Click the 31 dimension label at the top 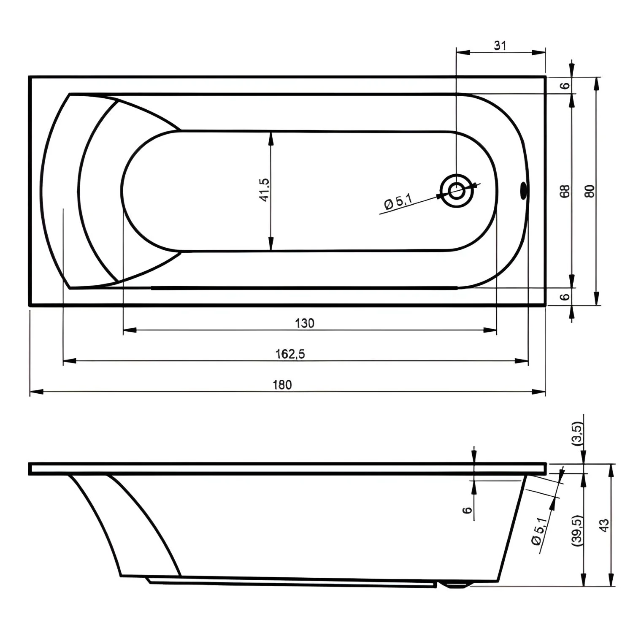pos(500,46)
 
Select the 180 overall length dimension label pos(282,385)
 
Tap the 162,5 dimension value pos(290,354)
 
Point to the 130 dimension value pos(305,323)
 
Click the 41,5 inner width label pos(265,189)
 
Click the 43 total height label pos(604,525)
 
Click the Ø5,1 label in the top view pos(398,201)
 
